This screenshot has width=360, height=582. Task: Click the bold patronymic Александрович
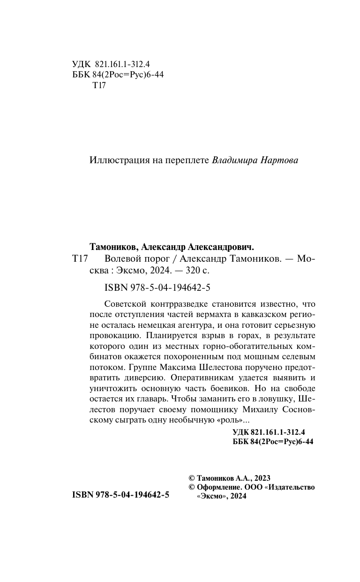(222, 247)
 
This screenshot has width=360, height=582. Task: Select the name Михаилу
(264, 409)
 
